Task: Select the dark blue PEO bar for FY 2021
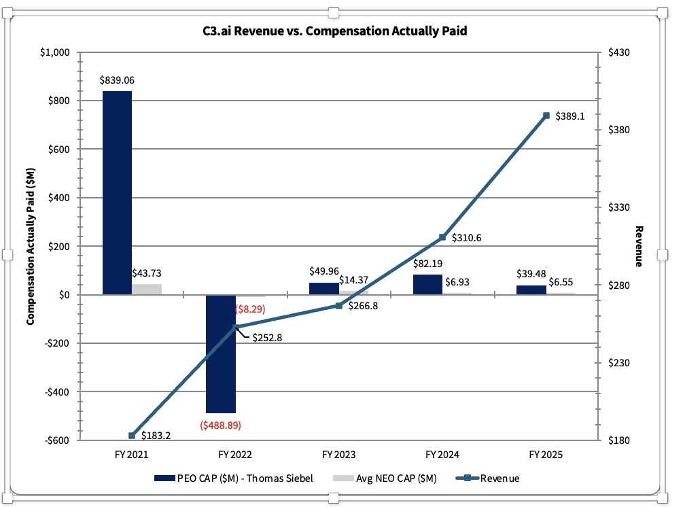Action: pyautogui.click(x=117, y=193)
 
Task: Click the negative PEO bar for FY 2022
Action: pyautogui.click(x=221, y=354)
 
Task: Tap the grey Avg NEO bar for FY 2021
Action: pyautogui.click(x=147, y=290)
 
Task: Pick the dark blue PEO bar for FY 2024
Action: pyautogui.click(x=427, y=285)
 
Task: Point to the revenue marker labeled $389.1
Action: pyautogui.click(x=546, y=116)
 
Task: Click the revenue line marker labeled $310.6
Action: pyautogui.click(x=442, y=237)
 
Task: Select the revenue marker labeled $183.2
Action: pyautogui.click(x=132, y=436)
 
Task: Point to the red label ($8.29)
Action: pyautogui.click(x=250, y=309)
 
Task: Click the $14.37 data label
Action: pyautogui.click(x=353, y=280)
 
